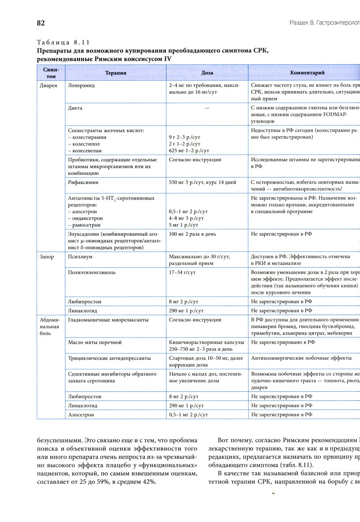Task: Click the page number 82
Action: tap(41, 23)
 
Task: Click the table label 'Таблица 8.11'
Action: tap(63, 42)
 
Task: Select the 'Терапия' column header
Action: tap(116, 72)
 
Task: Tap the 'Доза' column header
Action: tap(207, 72)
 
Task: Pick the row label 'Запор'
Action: tap(47, 257)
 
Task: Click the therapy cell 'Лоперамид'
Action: tap(81, 86)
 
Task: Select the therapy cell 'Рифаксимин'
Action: tap(83, 182)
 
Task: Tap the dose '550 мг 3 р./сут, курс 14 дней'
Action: tap(202, 182)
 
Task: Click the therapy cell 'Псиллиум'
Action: tap(80, 257)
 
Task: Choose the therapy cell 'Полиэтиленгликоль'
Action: tap(92, 273)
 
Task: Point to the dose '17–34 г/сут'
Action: tap(182, 273)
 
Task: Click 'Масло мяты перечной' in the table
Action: tap(95, 343)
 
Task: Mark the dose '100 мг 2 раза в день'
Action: tap(192, 234)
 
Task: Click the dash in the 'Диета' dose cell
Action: tap(207, 108)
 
